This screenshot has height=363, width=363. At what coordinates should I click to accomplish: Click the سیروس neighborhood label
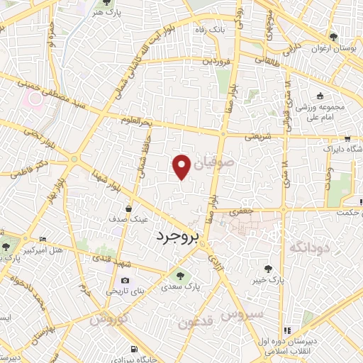tap(242, 313)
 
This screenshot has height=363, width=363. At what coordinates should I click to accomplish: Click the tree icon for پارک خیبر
tap(268, 268)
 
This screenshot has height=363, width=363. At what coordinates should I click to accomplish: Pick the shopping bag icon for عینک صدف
tap(128, 208)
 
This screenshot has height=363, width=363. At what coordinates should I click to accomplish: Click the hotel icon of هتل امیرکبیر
tap(43, 240)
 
